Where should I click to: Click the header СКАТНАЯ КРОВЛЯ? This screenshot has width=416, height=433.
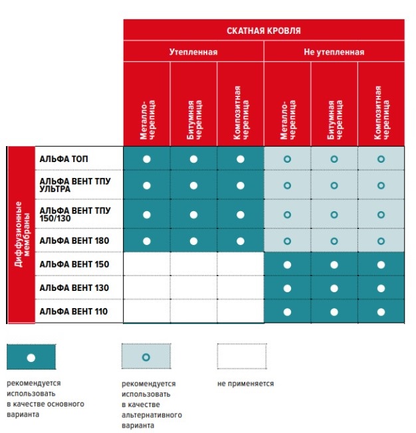(x=264, y=31)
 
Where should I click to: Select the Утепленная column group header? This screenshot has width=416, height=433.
(x=193, y=52)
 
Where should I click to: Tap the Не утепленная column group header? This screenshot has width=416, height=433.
(x=334, y=52)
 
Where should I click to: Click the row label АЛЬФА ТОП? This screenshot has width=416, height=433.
(x=64, y=159)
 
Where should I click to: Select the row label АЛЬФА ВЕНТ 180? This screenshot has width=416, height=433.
(x=73, y=240)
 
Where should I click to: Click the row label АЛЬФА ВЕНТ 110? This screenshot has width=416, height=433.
(x=73, y=311)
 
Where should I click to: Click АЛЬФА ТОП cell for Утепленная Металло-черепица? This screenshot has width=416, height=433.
(x=147, y=159)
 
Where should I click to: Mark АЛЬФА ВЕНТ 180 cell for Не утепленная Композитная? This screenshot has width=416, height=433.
(x=381, y=240)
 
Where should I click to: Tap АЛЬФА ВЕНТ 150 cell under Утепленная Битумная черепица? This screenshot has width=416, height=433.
(x=193, y=264)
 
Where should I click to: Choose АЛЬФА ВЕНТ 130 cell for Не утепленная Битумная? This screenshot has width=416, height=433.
(x=334, y=288)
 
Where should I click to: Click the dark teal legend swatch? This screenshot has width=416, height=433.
(x=31, y=357)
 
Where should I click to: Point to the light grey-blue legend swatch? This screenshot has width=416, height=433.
(x=146, y=357)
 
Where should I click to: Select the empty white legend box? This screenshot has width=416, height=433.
(x=242, y=357)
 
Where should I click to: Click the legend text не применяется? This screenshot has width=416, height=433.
(x=245, y=383)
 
